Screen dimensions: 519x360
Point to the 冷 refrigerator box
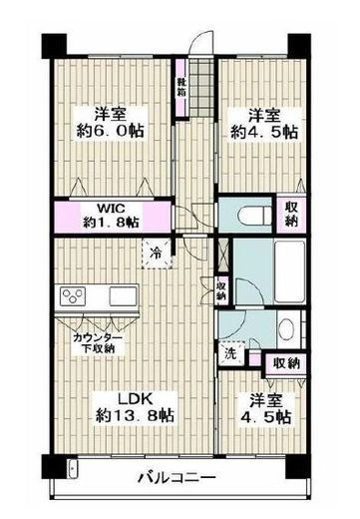click(158, 254)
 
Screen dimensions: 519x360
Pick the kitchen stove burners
click(75, 296)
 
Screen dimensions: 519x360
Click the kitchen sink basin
click(122, 296)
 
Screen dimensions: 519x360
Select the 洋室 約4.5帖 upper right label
click(262, 121)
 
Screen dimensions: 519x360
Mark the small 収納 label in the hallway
click(221, 290)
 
